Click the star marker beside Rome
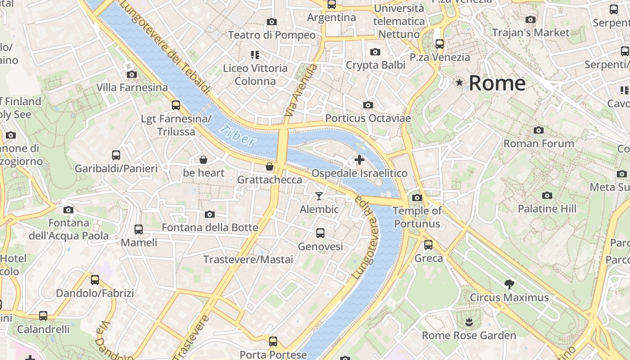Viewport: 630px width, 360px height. pos(459,82)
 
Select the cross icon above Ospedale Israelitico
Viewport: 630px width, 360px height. pos(359,159)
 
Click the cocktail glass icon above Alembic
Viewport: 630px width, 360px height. pos(319,196)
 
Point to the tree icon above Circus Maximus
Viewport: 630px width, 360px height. pos(509,284)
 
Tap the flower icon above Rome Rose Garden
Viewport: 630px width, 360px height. pos(469,322)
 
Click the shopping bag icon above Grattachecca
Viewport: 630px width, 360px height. pos(270,166)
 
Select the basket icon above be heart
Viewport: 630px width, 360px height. pos(203,159)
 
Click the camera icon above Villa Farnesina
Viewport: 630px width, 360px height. pos(132,74)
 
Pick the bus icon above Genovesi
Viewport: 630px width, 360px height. pos(320,233)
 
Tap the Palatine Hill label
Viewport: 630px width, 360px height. pos(547,209)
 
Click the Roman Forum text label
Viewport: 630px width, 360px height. pos(539,144)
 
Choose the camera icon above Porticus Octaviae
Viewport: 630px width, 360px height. pos(368,105)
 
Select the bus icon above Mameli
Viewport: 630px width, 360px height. pos(139,229)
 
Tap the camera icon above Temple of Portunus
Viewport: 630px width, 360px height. pos(417,198)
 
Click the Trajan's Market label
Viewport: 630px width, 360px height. pos(531,32)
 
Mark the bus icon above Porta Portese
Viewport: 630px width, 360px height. pos(273,341)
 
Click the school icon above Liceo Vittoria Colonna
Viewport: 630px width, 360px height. pos(255,55)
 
